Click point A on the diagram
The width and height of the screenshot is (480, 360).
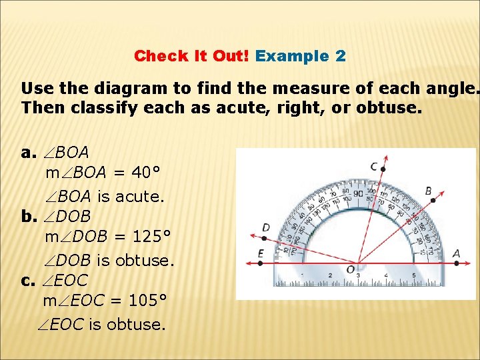pos(456,263)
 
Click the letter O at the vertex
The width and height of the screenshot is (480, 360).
pos(350,269)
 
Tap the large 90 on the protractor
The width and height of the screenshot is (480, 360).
pos(358,194)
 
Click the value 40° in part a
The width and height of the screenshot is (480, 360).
pos(145,173)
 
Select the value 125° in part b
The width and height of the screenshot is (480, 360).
pos(151,237)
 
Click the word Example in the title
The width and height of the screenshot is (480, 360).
pos(293,56)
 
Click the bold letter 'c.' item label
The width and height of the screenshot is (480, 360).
pos(27,280)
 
